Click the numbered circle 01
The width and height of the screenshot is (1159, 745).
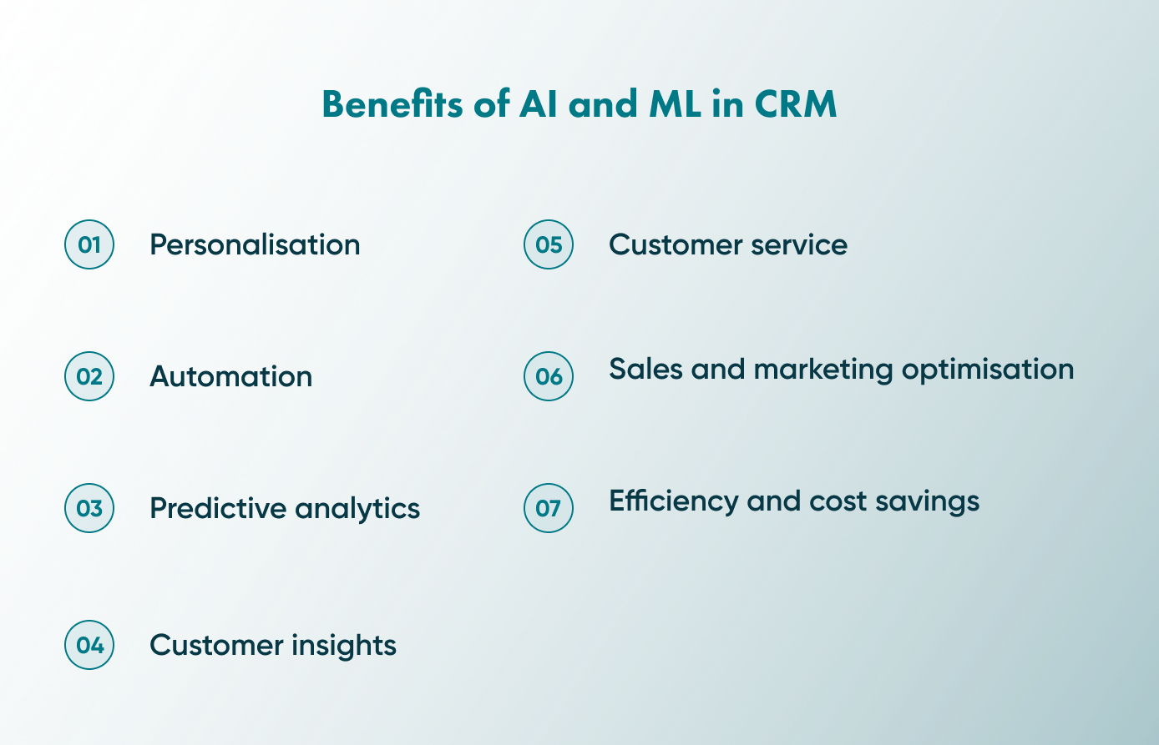(x=89, y=244)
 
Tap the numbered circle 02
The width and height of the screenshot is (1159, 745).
(x=89, y=376)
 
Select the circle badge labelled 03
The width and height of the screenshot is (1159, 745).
(x=89, y=508)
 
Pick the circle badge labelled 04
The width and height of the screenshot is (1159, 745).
(x=89, y=645)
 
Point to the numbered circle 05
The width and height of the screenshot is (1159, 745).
(x=549, y=244)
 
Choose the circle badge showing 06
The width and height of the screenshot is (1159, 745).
(x=549, y=376)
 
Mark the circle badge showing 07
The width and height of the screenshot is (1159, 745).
(x=549, y=508)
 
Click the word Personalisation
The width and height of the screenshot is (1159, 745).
(x=255, y=244)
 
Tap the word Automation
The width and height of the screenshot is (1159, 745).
(x=230, y=376)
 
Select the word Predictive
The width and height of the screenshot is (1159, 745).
(x=217, y=508)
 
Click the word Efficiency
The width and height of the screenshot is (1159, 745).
(x=673, y=501)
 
